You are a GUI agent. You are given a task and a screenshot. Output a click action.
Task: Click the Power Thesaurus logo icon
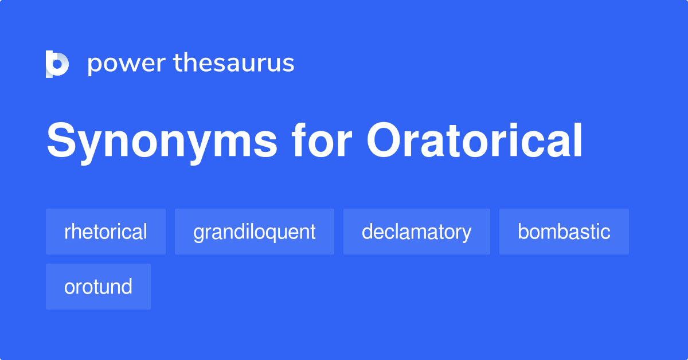click(x=57, y=64)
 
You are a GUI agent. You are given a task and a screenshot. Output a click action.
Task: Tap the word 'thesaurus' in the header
click(x=234, y=63)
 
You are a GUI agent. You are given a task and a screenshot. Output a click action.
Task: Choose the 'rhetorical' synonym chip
click(x=105, y=232)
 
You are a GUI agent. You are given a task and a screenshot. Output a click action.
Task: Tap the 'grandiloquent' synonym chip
click(x=254, y=232)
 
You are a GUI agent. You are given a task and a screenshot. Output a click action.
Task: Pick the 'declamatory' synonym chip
click(x=416, y=232)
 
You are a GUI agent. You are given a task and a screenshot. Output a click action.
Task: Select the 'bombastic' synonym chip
click(x=564, y=232)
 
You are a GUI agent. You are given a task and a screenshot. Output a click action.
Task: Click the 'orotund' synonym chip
click(x=98, y=287)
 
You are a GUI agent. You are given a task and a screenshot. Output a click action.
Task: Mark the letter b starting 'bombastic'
click(x=522, y=232)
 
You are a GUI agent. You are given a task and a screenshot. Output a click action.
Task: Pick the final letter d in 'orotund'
click(x=127, y=287)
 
